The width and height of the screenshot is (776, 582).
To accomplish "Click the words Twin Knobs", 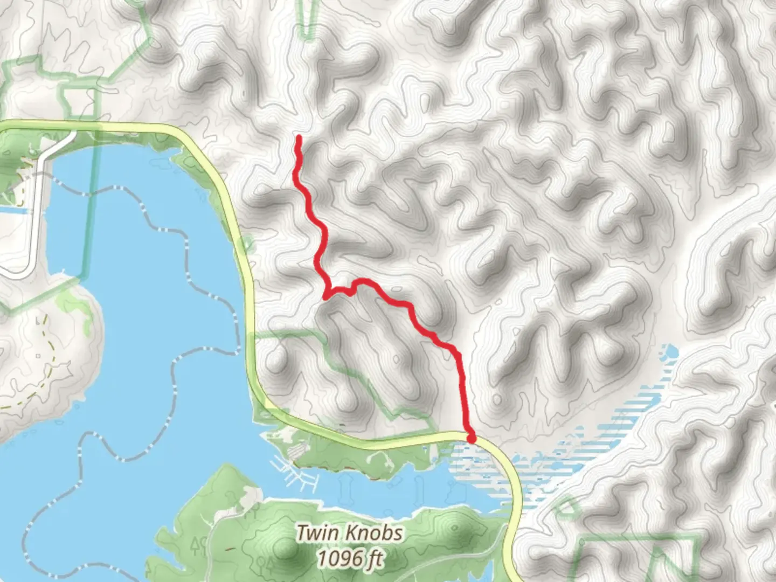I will point(350,533).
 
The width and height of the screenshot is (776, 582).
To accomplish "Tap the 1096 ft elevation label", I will point(350,559).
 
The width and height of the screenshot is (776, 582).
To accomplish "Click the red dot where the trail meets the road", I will point(471,439).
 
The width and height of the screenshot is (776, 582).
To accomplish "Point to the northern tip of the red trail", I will point(298,138).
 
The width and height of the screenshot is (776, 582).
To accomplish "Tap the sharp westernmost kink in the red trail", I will point(326,295).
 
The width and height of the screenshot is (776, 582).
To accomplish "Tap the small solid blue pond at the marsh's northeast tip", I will point(671,353).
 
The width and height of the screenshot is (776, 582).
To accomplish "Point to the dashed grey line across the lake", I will point(178,377).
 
